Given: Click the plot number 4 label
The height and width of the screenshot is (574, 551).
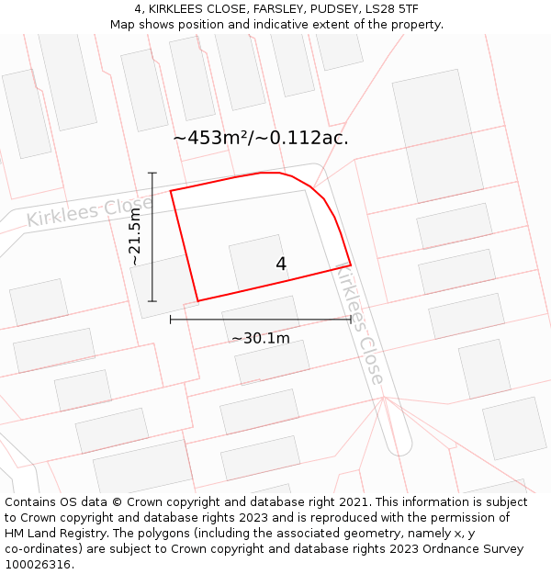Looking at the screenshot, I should click(281, 264).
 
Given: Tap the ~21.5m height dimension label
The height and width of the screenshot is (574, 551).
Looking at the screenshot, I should click(135, 237).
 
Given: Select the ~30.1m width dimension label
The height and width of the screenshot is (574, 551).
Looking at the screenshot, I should click(260, 338).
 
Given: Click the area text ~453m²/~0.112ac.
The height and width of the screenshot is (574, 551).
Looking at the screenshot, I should click(261, 139).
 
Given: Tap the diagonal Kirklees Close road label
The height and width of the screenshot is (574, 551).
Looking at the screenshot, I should click(359, 324).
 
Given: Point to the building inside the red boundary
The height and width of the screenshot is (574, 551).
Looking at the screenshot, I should click(258, 262).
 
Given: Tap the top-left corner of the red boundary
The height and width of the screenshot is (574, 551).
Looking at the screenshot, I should click(171, 191).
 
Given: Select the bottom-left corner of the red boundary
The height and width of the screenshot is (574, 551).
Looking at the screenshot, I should click(197, 300).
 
